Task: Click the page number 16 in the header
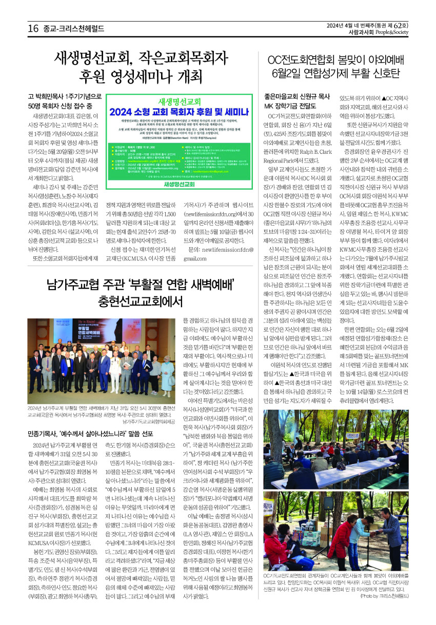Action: (33, 29)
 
